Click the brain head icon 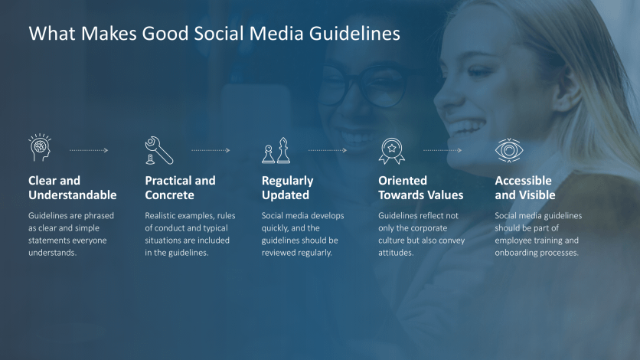39,149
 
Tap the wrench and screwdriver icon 158,150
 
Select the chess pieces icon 276,150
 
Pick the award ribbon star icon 391,150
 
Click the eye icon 508,150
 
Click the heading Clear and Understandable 72,188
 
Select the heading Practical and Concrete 180,188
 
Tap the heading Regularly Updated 287,188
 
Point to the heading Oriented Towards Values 420,188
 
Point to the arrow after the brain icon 89,150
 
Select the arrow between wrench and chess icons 211,150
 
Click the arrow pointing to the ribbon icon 328,150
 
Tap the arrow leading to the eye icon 442,150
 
